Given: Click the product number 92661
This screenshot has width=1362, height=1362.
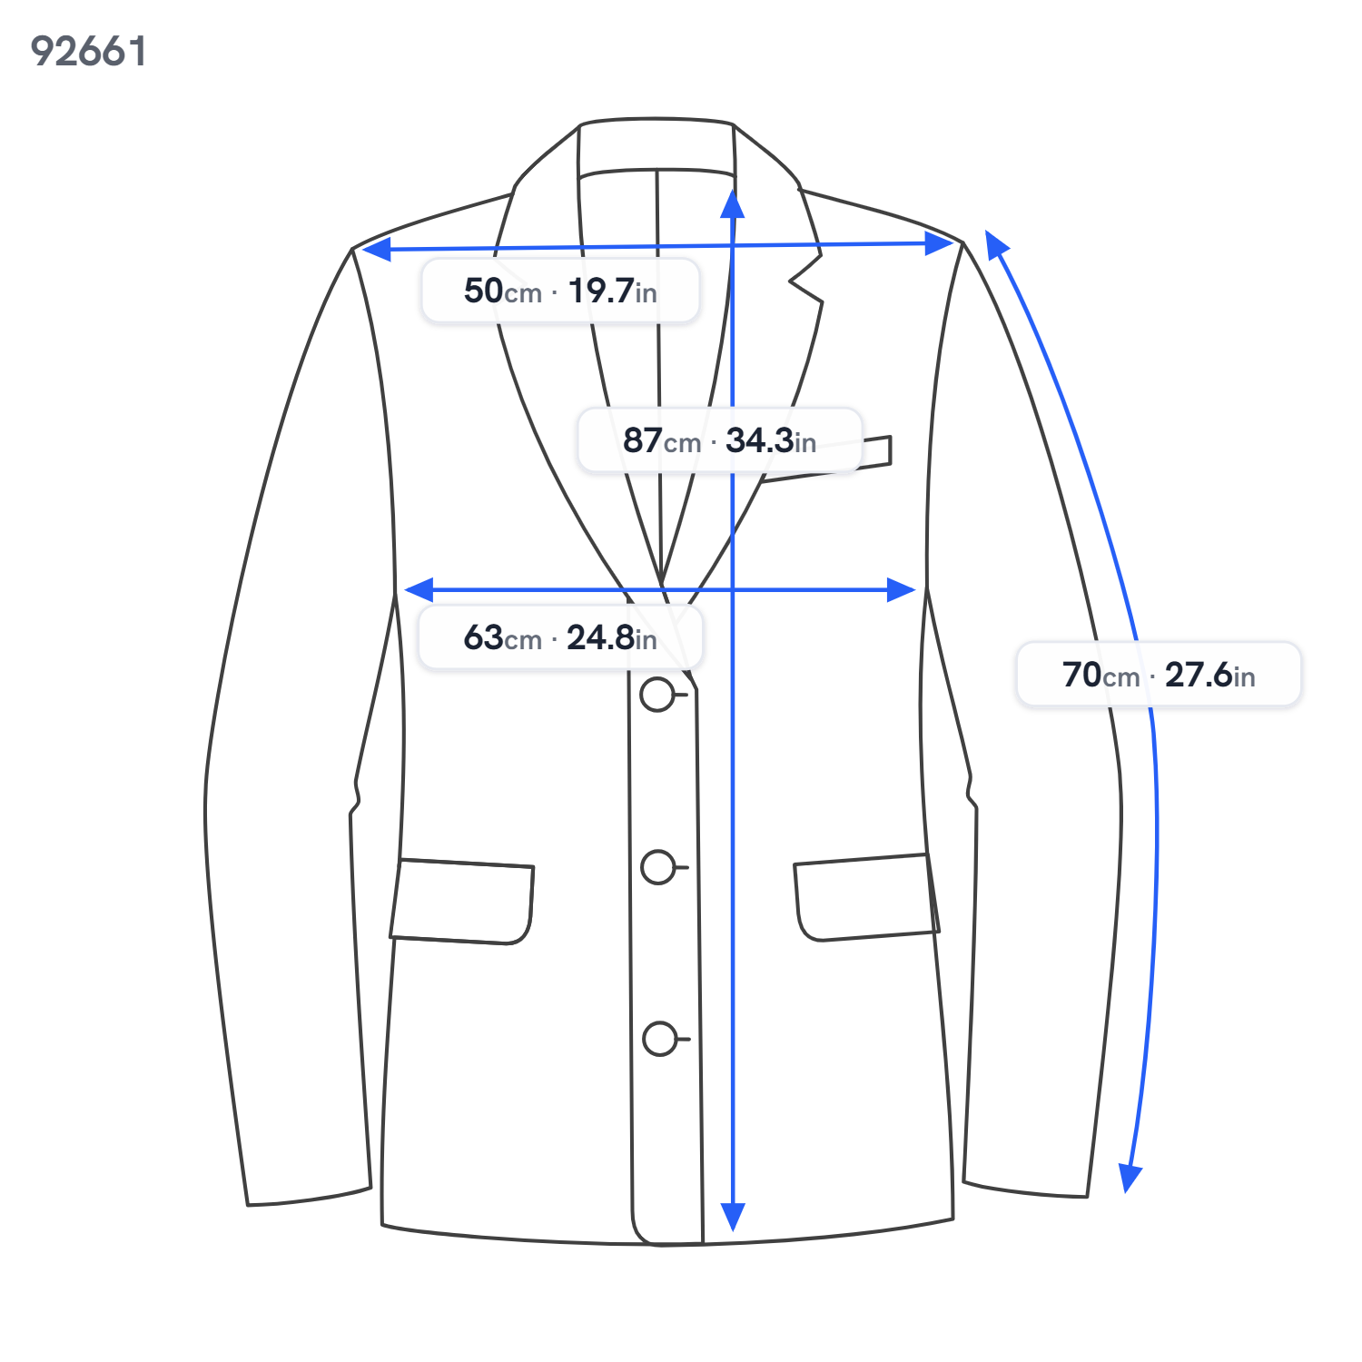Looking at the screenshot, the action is point(88,51).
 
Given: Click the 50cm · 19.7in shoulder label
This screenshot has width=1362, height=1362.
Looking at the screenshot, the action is point(560,291).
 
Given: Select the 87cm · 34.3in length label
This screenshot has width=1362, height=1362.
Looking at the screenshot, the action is point(719,440).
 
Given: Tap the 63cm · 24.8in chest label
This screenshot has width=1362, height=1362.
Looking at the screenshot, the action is point(560,637).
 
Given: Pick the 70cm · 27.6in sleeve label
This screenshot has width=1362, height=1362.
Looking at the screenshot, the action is point(1159,675).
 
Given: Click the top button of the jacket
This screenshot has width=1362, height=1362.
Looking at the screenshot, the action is point(657,695).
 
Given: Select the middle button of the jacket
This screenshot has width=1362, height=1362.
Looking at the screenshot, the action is point(658,867).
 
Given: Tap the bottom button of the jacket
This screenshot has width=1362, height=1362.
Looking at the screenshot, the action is point(660,1039).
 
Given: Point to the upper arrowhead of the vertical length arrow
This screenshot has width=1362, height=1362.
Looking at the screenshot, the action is point(732,204).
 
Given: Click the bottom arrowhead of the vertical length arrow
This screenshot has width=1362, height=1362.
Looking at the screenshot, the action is point(733,1217).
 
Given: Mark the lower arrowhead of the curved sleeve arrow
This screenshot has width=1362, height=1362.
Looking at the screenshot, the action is point(1129,1179).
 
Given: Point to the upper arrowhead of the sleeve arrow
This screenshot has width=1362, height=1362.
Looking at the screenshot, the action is point(996,243).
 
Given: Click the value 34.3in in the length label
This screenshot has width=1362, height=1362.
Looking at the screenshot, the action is point(771,440).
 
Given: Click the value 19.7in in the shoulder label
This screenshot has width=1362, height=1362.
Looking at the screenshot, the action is point(612,291).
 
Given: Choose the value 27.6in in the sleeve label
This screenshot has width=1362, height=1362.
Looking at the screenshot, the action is point(1210,675).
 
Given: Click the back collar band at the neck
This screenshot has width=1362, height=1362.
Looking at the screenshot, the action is point(656,145).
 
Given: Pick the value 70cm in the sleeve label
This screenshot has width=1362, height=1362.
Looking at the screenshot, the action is point(1100,675).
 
